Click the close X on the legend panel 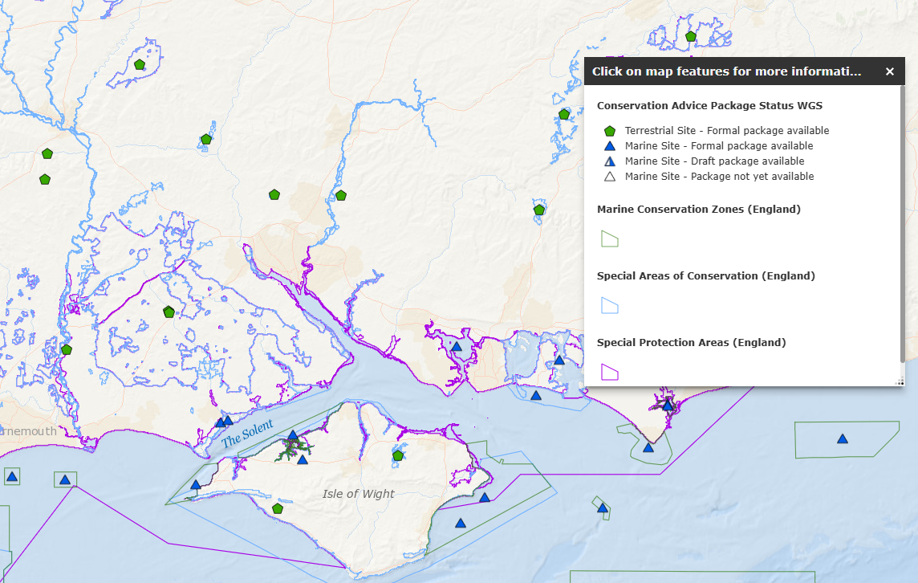889,71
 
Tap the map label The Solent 247,434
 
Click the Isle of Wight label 358,493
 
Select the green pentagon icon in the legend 610,131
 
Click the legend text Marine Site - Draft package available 714,161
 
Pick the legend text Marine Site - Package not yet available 719,177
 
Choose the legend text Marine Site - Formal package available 719,146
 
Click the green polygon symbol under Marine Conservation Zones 610,238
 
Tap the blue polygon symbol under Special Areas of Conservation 610,305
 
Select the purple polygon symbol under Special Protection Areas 610,372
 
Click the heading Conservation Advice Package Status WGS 709,105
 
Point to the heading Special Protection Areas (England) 691,342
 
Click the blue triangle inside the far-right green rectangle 843,438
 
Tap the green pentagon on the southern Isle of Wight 278,508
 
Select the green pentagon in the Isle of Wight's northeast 398,455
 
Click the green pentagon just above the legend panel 691,36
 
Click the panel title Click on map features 726,71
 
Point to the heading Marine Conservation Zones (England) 698,210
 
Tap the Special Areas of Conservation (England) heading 705,275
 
